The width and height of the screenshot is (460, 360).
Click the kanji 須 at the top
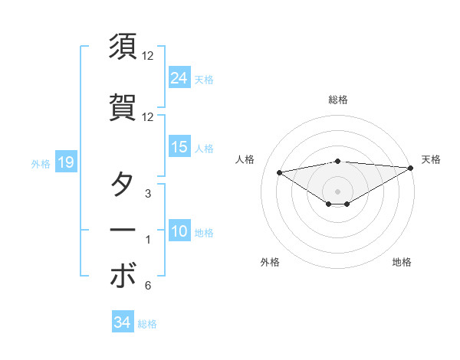click(x=123, y=47)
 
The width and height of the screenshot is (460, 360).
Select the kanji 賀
click(x=123, y=106)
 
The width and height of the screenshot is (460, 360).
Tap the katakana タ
click(x=123, y=186)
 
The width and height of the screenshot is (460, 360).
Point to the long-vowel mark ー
click(x=123, y=230)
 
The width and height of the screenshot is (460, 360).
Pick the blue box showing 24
click(x=179, y=78)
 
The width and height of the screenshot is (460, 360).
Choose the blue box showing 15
click(x=179, y=147)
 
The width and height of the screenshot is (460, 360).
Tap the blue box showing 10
click(x=179, y=231)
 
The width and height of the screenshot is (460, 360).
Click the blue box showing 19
click(x=64, y=162)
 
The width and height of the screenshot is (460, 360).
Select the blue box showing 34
click(x=122, y=322)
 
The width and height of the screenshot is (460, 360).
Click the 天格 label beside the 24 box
click(x=203, y=79)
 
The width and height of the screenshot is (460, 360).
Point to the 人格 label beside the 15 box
click(x=203, y=148)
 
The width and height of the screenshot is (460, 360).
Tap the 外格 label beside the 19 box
click(x=40, y=163)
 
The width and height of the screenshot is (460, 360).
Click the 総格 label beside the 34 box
click(x=147, y=323)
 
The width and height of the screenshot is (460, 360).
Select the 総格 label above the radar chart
click(x=337, y=100)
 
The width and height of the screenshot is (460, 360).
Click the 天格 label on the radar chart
click(x=431, y=159)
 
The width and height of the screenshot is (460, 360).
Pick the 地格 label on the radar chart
click(x=402, y=263)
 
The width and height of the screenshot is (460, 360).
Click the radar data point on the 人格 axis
click(x=279, y=172)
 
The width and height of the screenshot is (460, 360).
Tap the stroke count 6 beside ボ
click(x=147, y=286)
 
